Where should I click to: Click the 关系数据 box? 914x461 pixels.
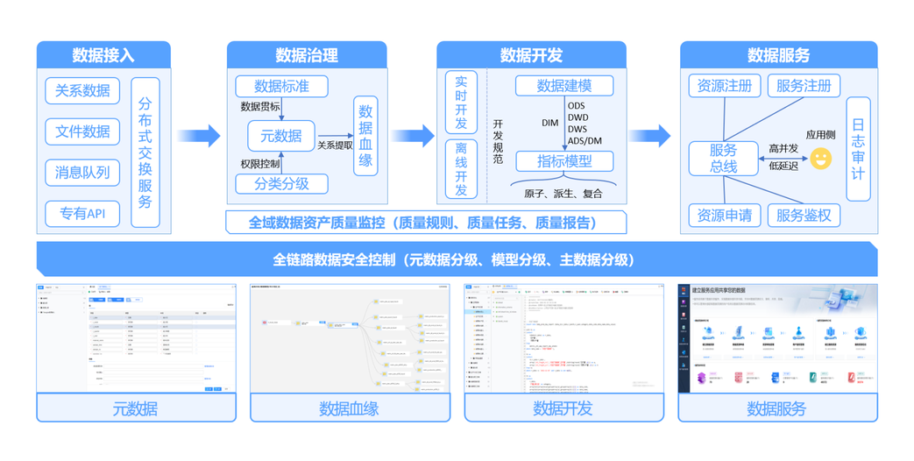(x=82, y=90)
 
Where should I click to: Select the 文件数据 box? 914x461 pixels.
(x=82, y=131)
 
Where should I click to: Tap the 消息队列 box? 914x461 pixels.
(x=82, y=172)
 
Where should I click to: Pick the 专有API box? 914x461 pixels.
(x=82, y=213)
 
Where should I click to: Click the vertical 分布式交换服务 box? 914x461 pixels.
(x=145, y=152)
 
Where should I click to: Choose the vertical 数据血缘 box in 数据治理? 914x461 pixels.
(x=365, y=135)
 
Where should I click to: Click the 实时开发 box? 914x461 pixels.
(x=461, y=101)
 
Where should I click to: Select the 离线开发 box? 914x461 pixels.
(x=461, y=169)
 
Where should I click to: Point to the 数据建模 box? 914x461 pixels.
(x=563, y=86)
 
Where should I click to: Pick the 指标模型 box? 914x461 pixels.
(x=563, y=161)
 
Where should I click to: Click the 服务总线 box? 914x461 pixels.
(x=723, y=159)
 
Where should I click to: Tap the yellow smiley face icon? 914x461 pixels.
(x=821, y=158)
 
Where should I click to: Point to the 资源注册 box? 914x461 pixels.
(x=725, y=86)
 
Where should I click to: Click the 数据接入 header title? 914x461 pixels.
(x=103, y=55)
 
